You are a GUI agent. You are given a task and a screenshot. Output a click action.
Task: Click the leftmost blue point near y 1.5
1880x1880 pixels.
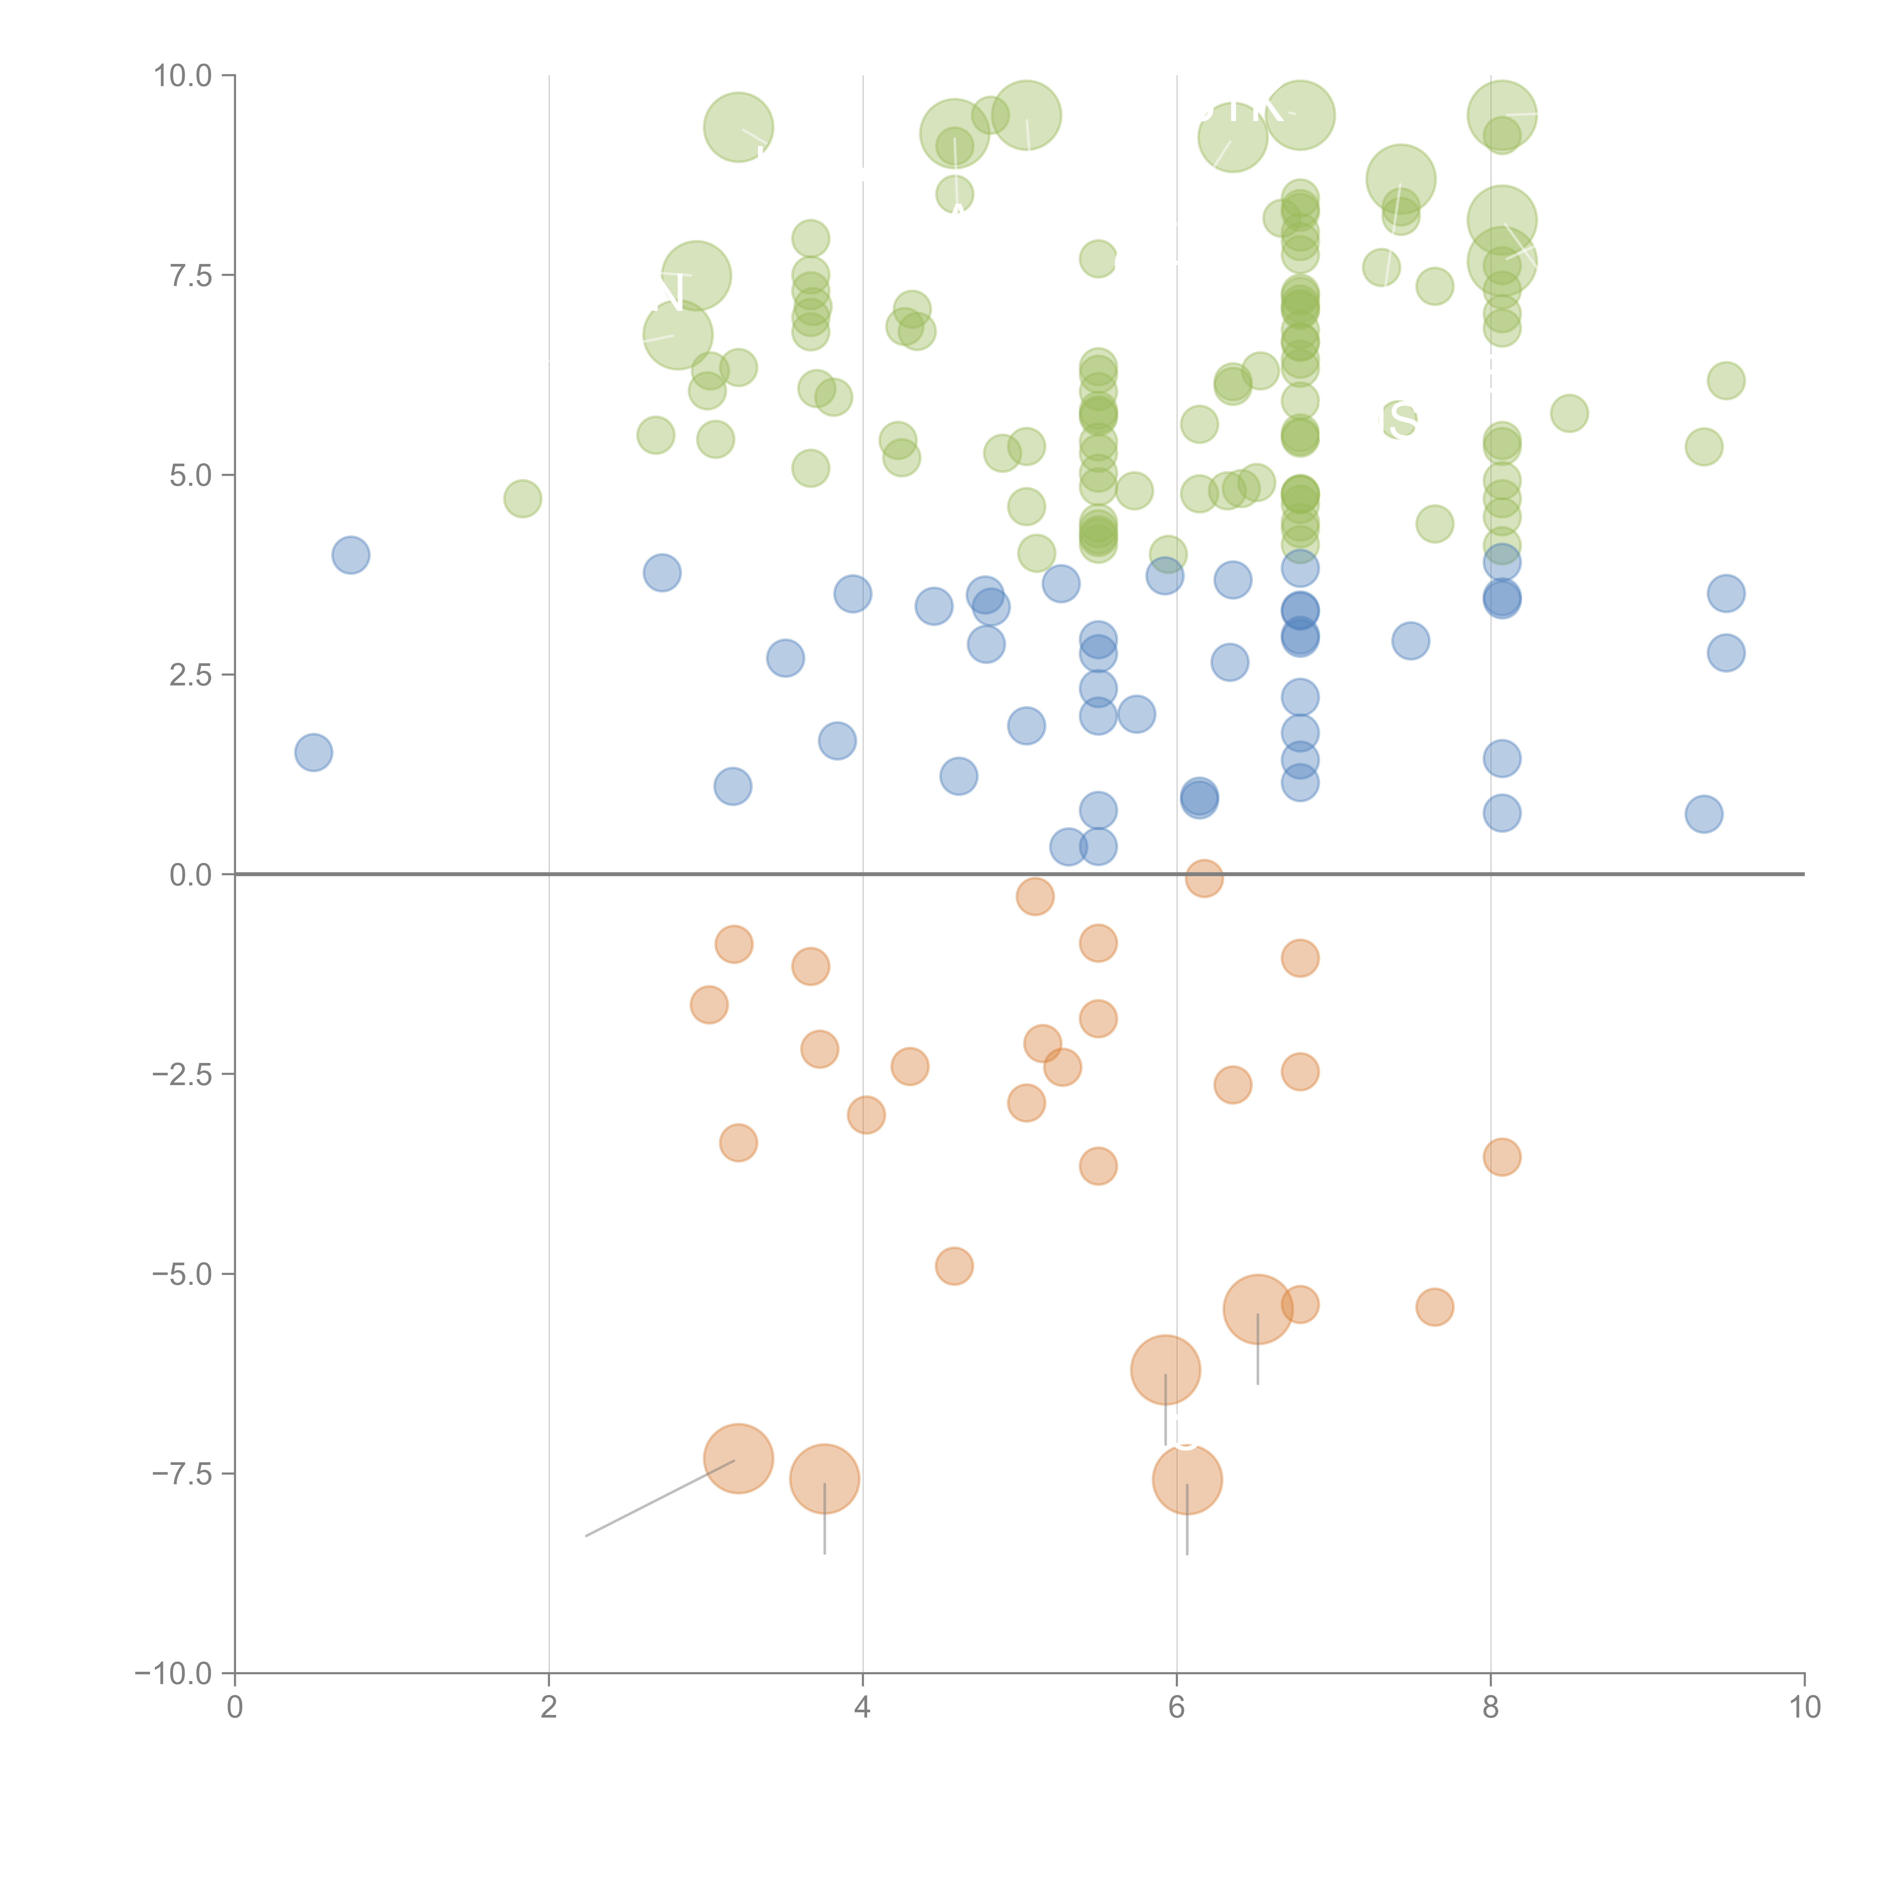313,752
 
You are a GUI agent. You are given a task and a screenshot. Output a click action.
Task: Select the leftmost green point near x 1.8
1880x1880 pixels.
523,499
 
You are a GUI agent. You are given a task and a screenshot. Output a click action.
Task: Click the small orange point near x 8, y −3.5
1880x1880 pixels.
1501,1157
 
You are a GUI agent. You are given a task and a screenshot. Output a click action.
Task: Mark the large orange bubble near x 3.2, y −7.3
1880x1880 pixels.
738,1459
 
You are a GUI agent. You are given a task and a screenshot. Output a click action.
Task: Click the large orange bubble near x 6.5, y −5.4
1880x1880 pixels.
1257,1310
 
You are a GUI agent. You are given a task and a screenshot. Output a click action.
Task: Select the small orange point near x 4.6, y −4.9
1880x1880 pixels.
954,1266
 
